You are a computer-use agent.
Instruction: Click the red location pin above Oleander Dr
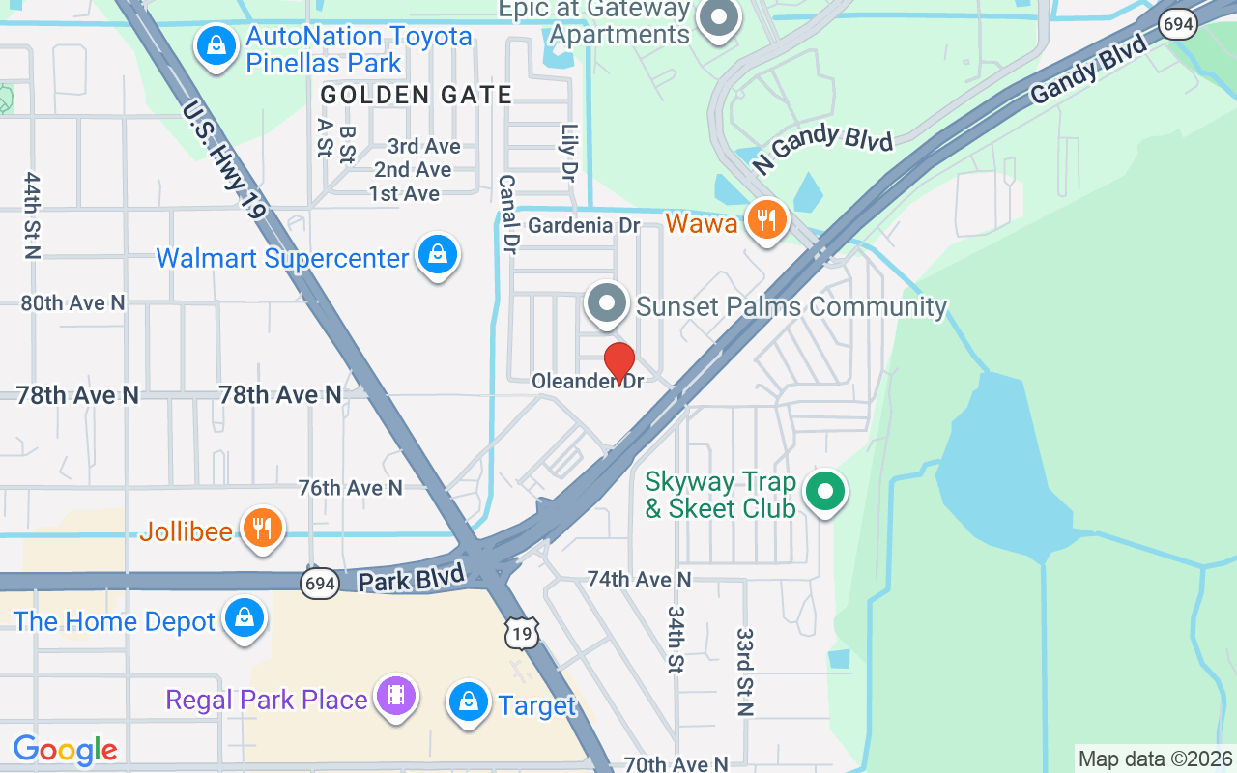click(x=619, y=362)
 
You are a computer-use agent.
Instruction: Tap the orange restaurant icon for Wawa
click(x=766, y=220)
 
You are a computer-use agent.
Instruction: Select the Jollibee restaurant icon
click(x=262, y=528)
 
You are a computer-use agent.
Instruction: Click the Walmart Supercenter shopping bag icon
click(x=438, y=255)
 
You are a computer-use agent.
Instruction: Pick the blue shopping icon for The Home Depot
click(x=245, y=617)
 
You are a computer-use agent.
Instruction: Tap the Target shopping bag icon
click(x=469, y=702)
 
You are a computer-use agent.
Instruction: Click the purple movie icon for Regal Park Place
click(x=395, y=696)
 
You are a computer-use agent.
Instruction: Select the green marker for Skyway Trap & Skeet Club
click(x=824, y=492)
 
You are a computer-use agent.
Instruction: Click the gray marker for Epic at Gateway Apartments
click(x=719, y=18)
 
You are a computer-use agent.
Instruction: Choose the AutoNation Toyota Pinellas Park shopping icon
click(x=216, y=45)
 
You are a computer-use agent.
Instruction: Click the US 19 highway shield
click(x=521, y=633)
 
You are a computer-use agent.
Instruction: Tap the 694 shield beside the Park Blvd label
click(x=320, y=584)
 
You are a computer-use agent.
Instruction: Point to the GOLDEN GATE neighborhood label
click(x=417, y=95)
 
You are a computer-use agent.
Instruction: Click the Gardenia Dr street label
click(x=585, y=226)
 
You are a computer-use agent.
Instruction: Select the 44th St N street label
click(x=33, y=215)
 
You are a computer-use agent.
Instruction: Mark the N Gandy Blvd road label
click(x=822, y=148)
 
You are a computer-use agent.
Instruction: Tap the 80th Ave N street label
click(x=73, y=302)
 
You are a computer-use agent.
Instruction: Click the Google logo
click(x=65, y=749)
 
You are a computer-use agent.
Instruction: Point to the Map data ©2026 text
click(x=1156, y=759)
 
